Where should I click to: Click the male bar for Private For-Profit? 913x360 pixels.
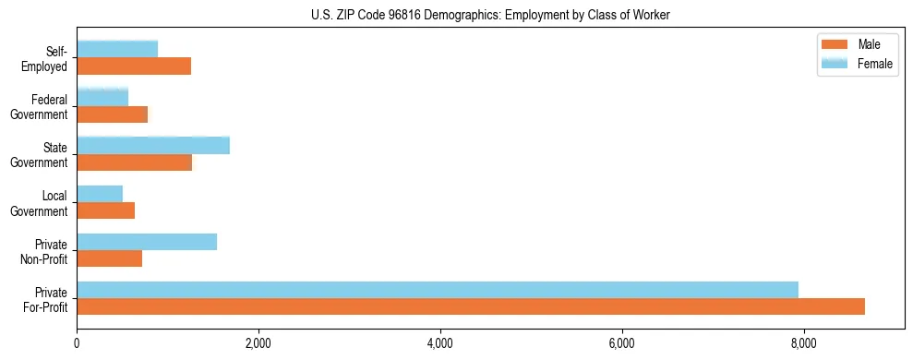click(x=471, y=306)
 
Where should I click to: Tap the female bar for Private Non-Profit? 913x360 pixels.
click(x=147, y=242)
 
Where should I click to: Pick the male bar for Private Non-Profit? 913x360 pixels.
click(x=110, y=258)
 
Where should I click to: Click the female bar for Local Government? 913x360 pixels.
click(x=100, y=194)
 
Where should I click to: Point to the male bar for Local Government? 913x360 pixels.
click(x=106, y=210)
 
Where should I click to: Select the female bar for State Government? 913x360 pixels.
click(x=153, y=146)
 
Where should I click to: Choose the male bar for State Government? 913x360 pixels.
click(x=135, y=162)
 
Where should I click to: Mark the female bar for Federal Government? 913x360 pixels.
click(x=102, y=98)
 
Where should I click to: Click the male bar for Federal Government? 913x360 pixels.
click(x=113, y=114)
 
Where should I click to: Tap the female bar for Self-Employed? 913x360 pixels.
click(x=117, y=49)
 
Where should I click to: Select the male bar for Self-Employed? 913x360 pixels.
click(x=134, y=66)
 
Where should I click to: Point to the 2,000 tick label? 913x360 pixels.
click(x=258, y=344)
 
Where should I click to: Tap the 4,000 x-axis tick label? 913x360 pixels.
click(x=440, y=344)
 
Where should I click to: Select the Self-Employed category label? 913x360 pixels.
click(x=49, y=58)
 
